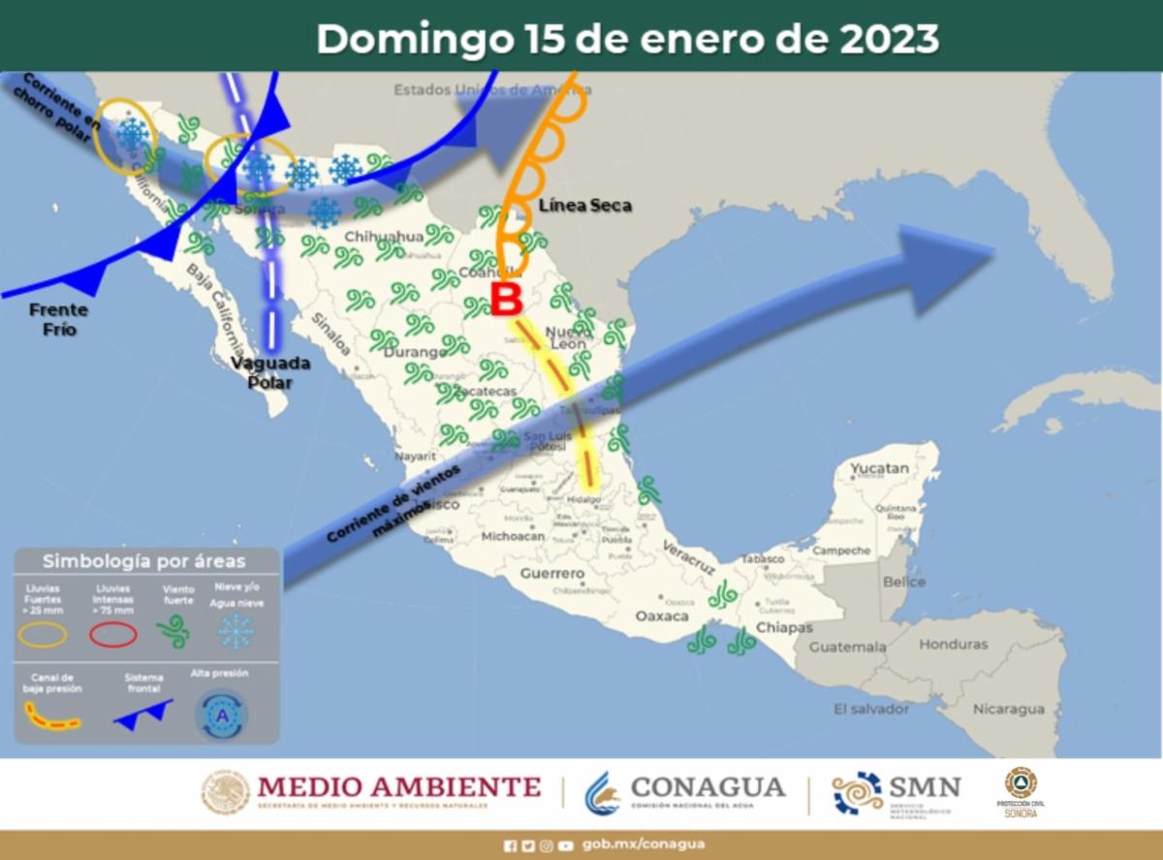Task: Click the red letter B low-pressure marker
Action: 506,299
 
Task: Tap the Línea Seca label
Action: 584,206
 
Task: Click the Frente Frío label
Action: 58,320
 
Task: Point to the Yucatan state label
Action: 880,469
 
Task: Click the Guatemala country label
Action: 847,647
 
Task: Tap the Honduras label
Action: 954,644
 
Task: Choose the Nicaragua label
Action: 1009,709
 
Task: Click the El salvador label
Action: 871,710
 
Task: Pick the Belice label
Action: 904,583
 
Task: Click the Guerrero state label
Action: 551,573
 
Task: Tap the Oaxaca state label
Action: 661,617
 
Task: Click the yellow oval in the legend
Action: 44,634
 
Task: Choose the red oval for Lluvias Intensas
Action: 113,634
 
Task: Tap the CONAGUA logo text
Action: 707,787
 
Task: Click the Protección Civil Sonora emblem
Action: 1021,783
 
